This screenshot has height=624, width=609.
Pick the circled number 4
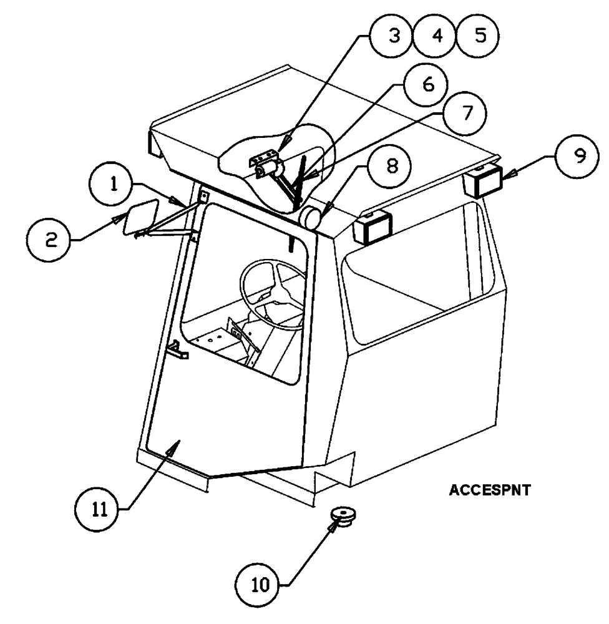pyautogui.click(x=437, y=36)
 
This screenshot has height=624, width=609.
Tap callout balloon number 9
pyautogui.click(x=580, y=157)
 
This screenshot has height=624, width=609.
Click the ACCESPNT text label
pyautogui.click(x=489, y=491)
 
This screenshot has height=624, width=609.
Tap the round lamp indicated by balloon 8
pyautogui.click(x=312, y=218)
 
